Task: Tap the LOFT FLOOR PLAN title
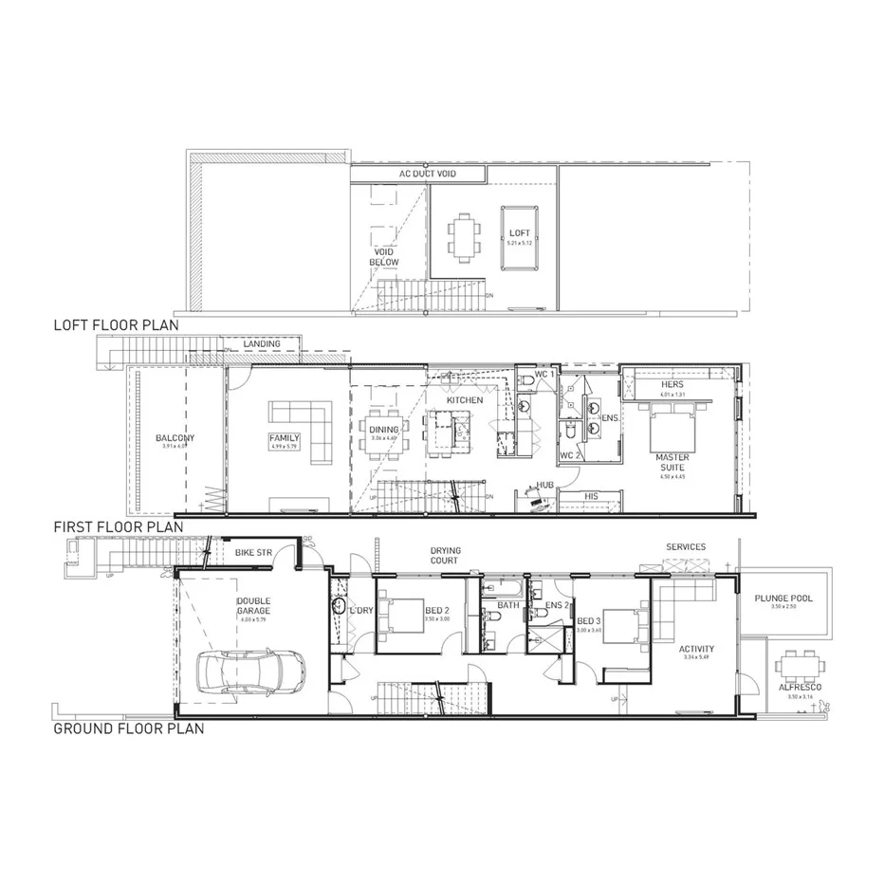pyautogui.click(x=116, y=324)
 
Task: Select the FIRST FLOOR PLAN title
pyautogui.click(x=119, y=525)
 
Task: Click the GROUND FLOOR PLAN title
pyautogui.click(x=128, y=729)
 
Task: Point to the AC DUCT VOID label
pyautogui.click(x=417, y=175)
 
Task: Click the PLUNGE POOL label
pyautogui.click(x=783, y=599)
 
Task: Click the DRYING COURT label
pyautogui.click(x=444, y=555)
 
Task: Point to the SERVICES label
pyautogui.click(x=685, y=547)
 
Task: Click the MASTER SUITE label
pyautogui.click(x=672, y=462)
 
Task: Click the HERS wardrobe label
pyautogui.click(x=672, y=385)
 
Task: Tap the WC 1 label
pyautogui.click(x=543, y=375)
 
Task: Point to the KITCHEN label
pyautogui.click(x=466, y=400)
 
